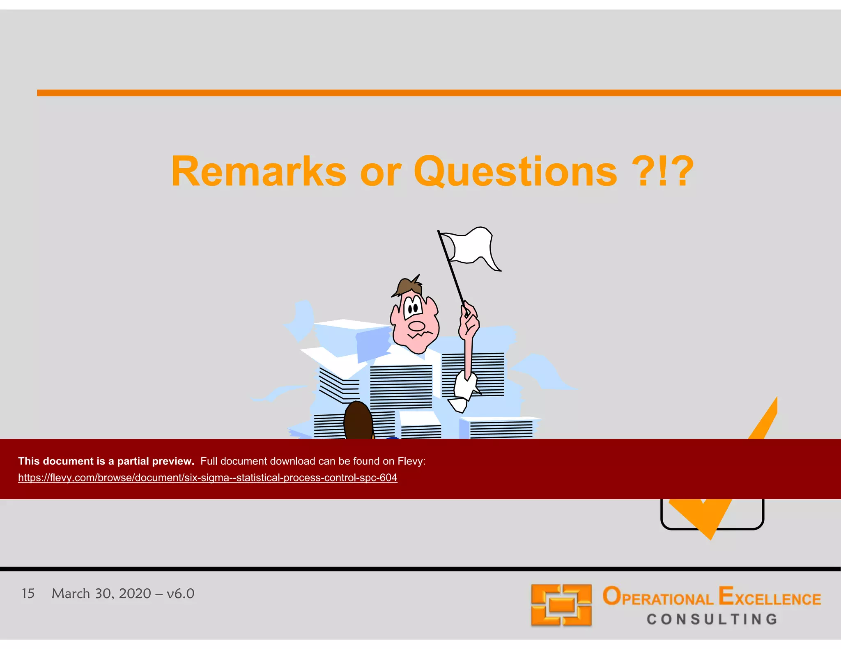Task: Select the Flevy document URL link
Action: click(x=207, y=478)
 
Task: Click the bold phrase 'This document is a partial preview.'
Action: click(x=106, y=461)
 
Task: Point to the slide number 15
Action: click(x=28, y=594)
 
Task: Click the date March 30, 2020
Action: click(x=101, y=594)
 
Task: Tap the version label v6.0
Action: click(x=180, y=594)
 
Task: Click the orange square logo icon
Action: click(x=561, y=605)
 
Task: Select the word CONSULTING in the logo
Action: click(x=712, y=619)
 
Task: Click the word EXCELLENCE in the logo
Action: click(x=770, y=597)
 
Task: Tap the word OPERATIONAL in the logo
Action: click(x=658, y=597)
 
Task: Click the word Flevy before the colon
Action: click(x=410, y=461)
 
